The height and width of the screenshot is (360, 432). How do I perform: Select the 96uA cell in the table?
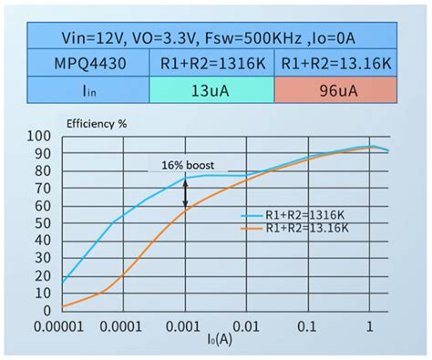(337, 90)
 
